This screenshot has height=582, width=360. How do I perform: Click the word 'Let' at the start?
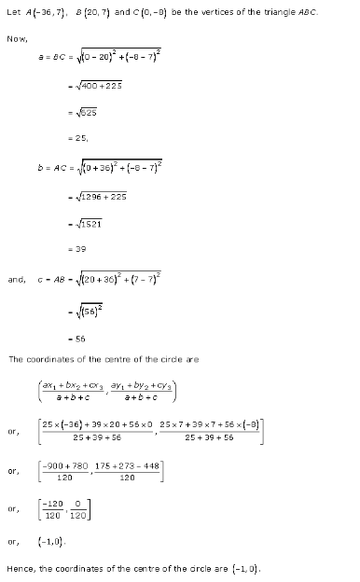pyautogui.click(x=13, y=10)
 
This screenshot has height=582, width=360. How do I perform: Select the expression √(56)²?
pyautogui.click(x=94, y=312)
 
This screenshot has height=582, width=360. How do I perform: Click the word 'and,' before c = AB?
pyautogui.click(x=17, y=278)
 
